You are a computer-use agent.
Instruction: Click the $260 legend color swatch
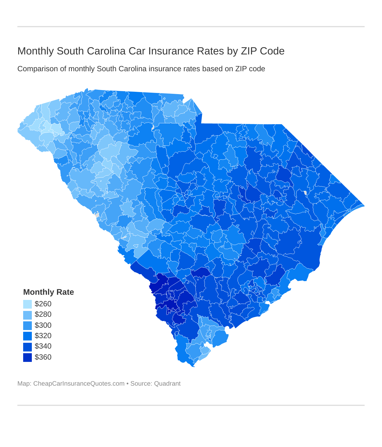27,304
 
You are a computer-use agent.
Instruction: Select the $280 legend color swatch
27,315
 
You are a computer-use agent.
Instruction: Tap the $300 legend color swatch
27,325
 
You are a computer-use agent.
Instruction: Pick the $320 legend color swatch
27,336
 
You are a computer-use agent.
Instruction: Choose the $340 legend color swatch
27,347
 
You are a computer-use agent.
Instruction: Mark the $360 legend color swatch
27,357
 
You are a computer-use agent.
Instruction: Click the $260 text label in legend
43,304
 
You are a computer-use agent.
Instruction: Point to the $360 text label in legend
43,357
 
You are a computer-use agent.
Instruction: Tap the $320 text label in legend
43,336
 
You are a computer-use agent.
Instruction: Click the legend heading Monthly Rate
48,292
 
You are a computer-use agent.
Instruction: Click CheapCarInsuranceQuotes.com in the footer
79,384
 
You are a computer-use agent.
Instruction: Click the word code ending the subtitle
258,69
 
